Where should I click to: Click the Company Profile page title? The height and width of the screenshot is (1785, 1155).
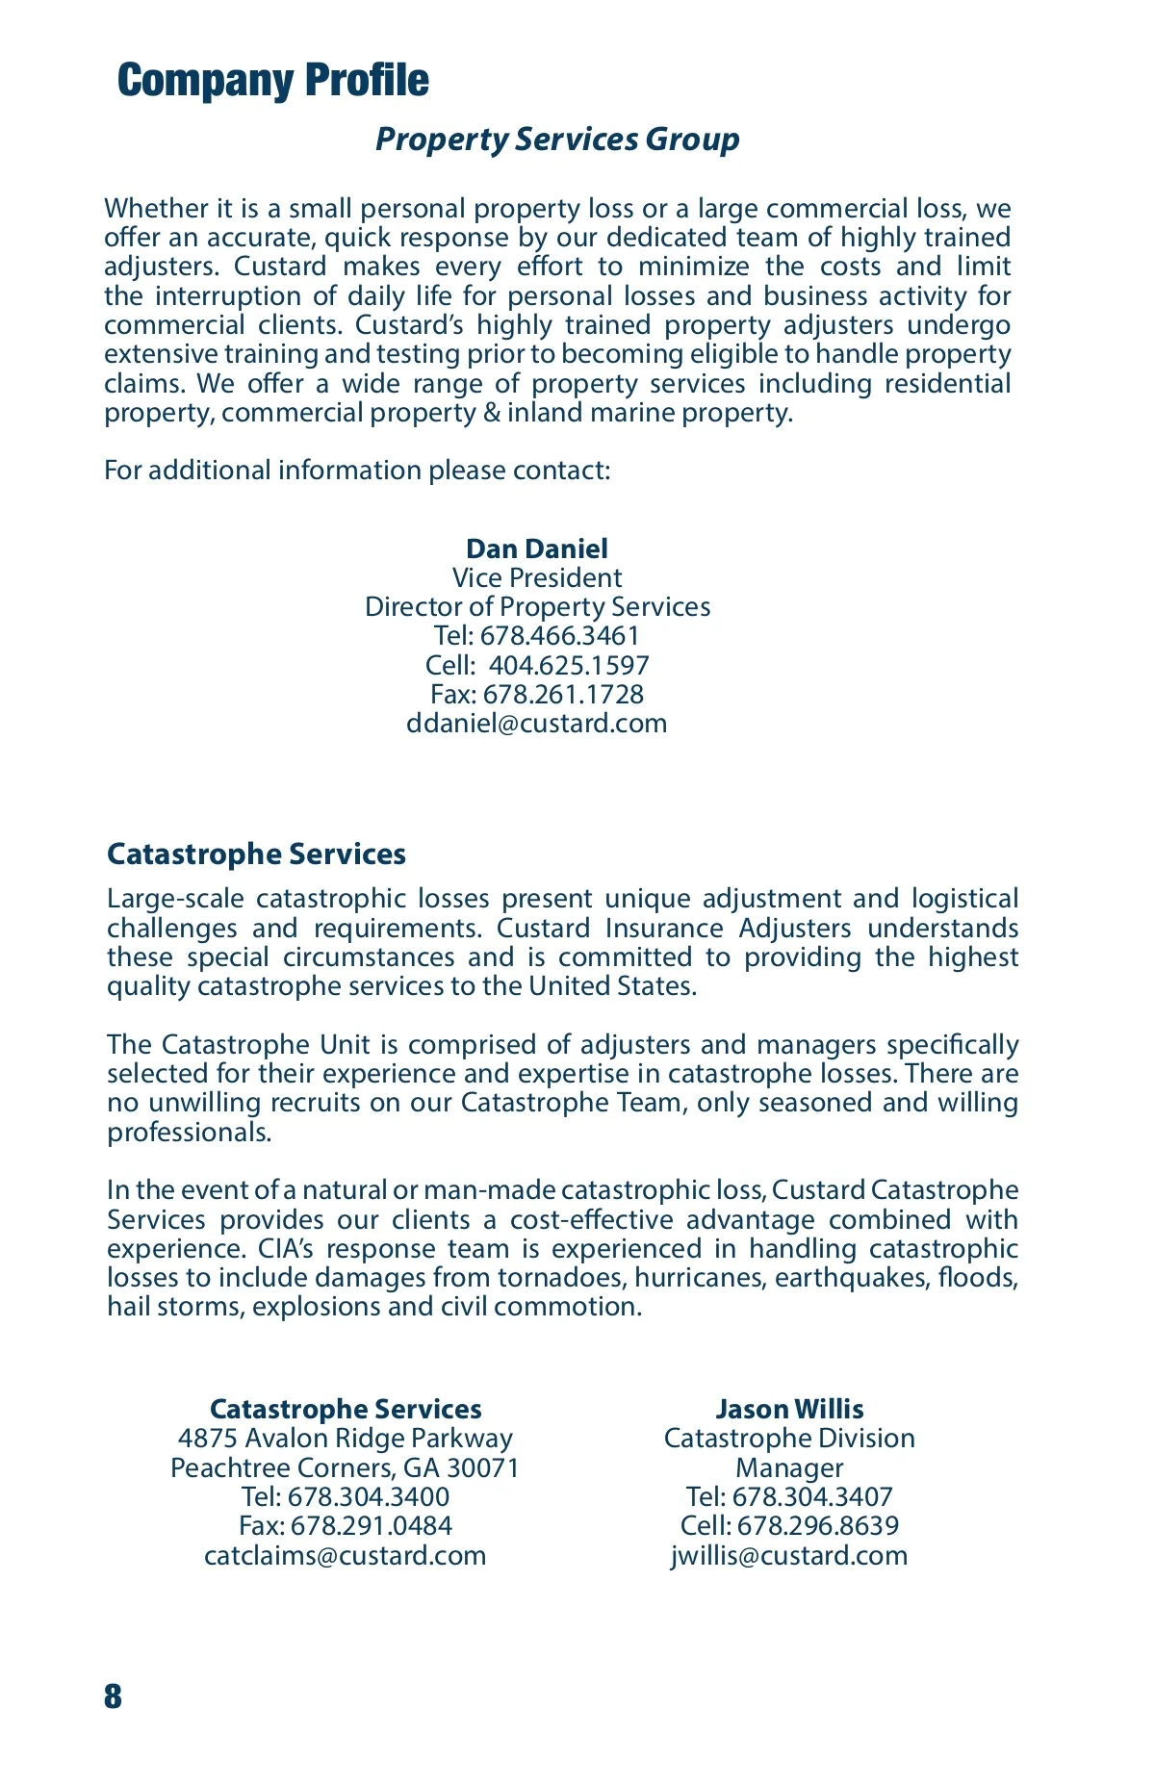click(272, 81)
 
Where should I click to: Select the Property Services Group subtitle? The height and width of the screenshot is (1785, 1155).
click(557, 140)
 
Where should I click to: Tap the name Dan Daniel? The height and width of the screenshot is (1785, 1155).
click(537, 548)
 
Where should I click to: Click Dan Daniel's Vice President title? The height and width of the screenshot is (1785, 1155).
click(537, 577)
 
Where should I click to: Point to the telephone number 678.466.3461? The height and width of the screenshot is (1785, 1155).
click(559, 636)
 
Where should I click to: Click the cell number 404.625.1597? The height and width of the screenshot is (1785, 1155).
click(569, 665)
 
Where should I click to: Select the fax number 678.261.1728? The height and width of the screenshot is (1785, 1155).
click(563, 694)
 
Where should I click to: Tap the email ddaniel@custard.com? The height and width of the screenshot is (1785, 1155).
click(537, 724)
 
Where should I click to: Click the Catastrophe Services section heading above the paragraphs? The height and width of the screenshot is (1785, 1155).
click(256, 854)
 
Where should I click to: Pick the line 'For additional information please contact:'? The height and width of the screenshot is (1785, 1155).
click(357, 471)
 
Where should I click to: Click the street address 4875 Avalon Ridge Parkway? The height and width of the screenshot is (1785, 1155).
click(346, 1439)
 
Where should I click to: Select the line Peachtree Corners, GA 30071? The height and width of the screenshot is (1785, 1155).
click(346, 1467)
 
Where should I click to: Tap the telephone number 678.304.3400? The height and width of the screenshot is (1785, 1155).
click(369, 1497)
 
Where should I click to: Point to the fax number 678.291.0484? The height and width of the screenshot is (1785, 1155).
click(371, 1526)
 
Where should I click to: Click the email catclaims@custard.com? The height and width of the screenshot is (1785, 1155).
click(346, 1556)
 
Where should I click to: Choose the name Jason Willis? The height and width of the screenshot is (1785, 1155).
click(789, 1410)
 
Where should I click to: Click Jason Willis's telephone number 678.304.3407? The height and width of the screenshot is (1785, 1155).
click(812, 1497)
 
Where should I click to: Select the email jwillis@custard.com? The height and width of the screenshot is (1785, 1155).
click(789, 1556)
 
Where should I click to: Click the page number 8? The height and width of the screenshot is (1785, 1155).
click(114, 1696)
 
